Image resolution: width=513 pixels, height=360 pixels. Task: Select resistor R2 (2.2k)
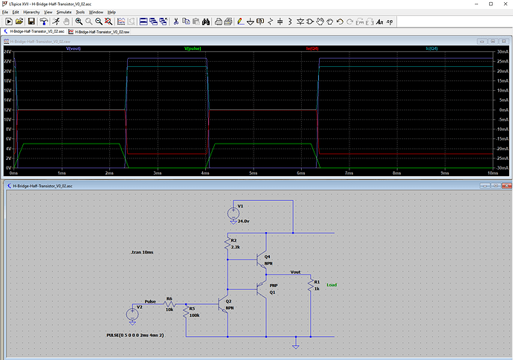pos(228,244)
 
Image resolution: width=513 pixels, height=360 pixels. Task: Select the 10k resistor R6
pos(170,304)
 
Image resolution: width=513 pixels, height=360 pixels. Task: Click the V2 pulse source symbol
pos(132,315)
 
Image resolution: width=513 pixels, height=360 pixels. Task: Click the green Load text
pos(332,285)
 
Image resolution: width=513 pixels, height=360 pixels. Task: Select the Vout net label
pos(296,272)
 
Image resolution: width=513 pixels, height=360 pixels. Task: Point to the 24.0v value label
pos(243,221)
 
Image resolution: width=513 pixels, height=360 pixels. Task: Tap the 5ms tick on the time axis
pos(253,173)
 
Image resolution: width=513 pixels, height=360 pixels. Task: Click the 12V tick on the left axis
pos(7,110)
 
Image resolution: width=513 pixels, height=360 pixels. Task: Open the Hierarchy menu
pos(32,13)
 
